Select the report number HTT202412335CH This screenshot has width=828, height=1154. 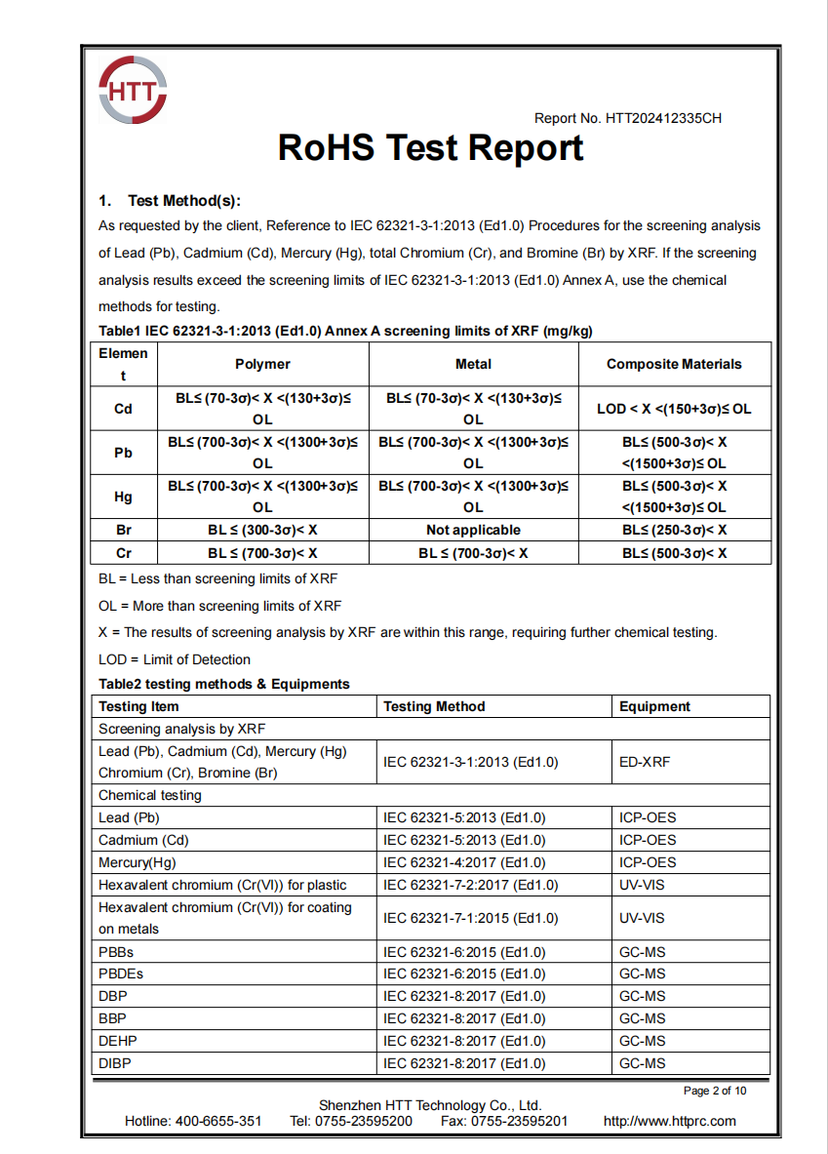coord(663,119)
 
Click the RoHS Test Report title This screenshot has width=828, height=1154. coord(430,148)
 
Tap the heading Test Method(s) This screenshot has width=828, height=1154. coord(183,201)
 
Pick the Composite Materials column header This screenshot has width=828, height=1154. coord(674,364)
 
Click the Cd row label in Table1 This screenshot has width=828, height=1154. coord(123,409)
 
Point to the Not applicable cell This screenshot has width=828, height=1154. coord(473,531)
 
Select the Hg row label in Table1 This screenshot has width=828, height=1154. coord(123,497)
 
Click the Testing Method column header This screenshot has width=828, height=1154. coord(434,706)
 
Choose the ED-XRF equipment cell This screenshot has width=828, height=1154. coord(645,762)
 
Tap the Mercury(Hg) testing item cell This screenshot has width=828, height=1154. coord(138,862)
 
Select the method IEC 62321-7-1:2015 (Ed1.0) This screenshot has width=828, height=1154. coord(471,918)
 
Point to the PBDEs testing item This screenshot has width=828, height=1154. coord(121,974)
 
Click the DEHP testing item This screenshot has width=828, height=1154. coord(118,1041)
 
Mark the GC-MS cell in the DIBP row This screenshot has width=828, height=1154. coord(642,1063)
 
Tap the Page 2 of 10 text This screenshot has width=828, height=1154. coord(715,1091)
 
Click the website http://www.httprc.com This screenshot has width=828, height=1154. coord(670,1121)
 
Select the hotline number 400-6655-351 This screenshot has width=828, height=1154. coord(218,1121)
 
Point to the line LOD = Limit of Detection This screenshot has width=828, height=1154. coord(175,659)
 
